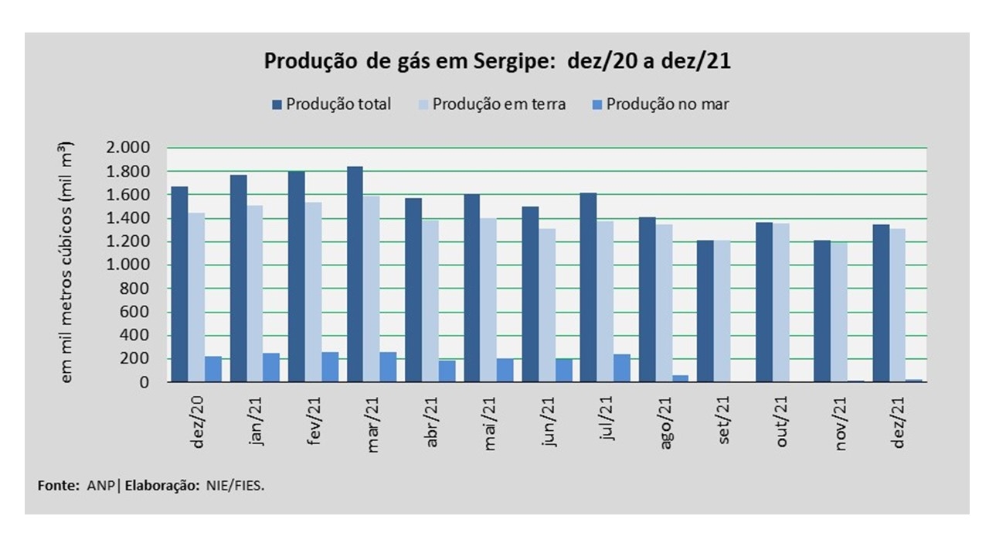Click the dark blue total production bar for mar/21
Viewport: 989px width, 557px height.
pyautogui.click(x=355, y=274)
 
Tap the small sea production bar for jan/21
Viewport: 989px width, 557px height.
pyautogui.click(x=270, y=367)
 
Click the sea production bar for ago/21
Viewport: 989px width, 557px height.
pyautogui.click(x=680, y=378)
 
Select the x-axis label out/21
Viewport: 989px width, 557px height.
pyautogui.click(x=782, y=421)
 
